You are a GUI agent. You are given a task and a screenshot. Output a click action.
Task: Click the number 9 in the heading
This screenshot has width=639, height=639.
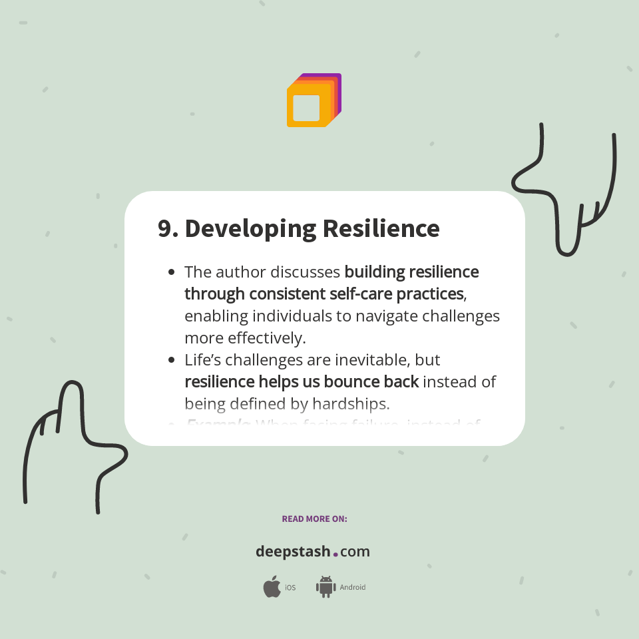[x=165, y=228]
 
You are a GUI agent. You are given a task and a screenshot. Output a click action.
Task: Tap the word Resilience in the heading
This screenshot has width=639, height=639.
[x=381, y=228]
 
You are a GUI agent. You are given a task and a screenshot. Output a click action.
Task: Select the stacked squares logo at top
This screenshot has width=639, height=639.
[x=314, y=101]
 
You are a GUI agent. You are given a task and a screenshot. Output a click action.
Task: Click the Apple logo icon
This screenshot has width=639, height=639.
[x=272, y=587]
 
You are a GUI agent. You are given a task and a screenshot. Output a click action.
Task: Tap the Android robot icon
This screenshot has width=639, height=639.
[x=325, y=587]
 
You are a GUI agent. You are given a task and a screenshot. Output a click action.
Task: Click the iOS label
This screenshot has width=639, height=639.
[x=290, y=588]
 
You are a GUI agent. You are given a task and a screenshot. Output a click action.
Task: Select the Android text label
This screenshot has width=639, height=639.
[x=353, y=588]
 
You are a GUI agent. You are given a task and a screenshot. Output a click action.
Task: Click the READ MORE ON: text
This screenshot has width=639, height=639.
[x=314, y=519]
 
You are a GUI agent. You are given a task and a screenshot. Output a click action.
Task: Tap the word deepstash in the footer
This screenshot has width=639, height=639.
[x=293, y=552]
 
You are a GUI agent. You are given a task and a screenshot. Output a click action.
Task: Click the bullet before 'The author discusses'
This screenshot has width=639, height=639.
[x=172, y=272]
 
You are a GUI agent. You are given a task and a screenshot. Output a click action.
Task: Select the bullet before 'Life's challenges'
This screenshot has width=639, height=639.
[x=172, y=360]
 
